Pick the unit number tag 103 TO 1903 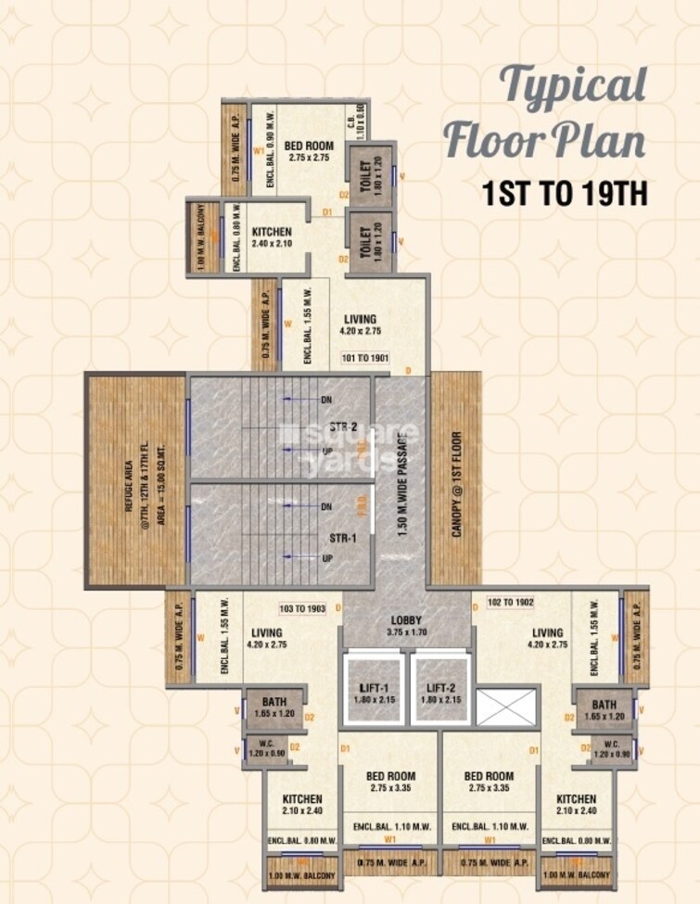click(x=303, y=609)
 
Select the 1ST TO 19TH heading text click(x=563, y=194)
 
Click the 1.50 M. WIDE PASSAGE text click(x=401, y=480)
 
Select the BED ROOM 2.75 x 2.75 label click(x=309, y=151)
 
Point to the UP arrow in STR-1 click(x=327, y=559)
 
